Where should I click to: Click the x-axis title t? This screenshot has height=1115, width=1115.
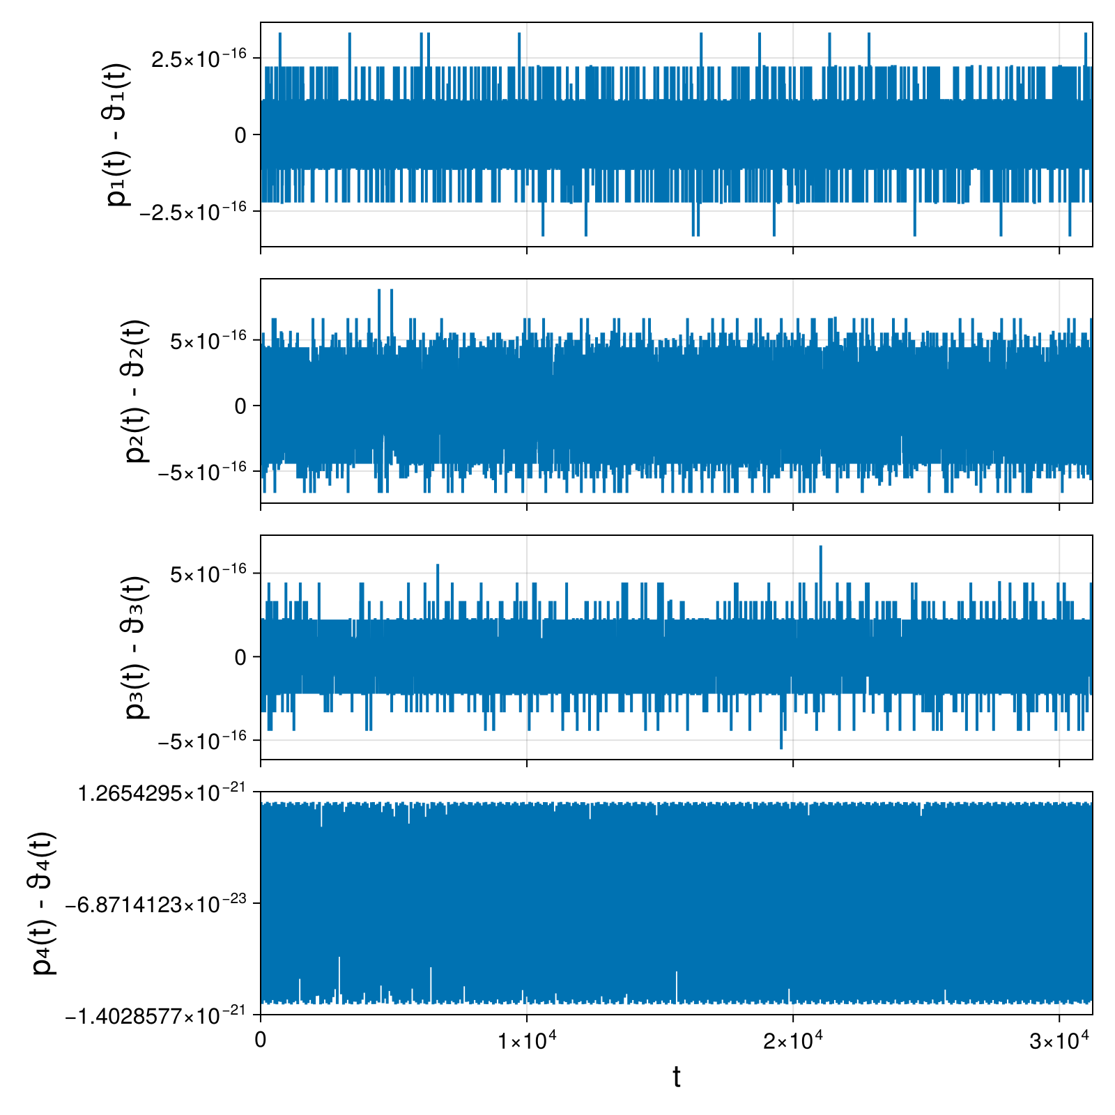click(x=676, y=1077)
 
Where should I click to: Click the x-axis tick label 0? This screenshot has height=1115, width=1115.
click(x=261, y=1040)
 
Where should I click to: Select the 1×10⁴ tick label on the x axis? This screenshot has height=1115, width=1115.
click(x=527, y=1039)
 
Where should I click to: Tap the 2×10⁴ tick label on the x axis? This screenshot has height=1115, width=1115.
click(x=793, y=1039)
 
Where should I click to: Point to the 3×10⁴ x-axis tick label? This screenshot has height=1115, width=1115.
click(x=1059, y=1039)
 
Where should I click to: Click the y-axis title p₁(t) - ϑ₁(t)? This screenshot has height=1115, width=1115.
click(x=118, y=134)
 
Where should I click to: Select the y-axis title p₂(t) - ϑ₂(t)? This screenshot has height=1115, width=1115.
click(x=137, y=391)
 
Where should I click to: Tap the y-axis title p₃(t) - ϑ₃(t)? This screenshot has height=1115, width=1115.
click(x=137, y=647)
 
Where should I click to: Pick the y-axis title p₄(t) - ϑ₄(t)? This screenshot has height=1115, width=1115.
click(x=45, y=903)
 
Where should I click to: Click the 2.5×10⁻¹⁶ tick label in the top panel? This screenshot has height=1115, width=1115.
click(x=199, y=58)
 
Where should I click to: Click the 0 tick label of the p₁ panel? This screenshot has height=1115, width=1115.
click(x=241, y=135)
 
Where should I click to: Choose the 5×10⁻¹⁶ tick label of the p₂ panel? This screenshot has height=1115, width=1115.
click(x=209, y=339)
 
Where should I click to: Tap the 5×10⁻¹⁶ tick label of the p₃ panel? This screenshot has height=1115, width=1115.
click(x=209, y=573)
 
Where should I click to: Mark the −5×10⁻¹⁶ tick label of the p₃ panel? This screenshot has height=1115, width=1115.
click(x=203, y=739)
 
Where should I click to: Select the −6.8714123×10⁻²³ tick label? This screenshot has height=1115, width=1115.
click(x=156, y=903)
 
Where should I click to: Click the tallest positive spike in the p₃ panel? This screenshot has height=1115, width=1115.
click(x=821, y=546)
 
